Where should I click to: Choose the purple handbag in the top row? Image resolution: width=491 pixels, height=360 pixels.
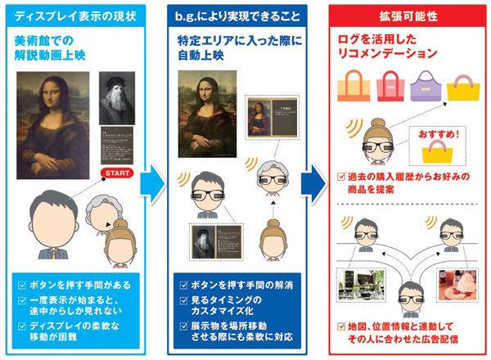tap(428, 84)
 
